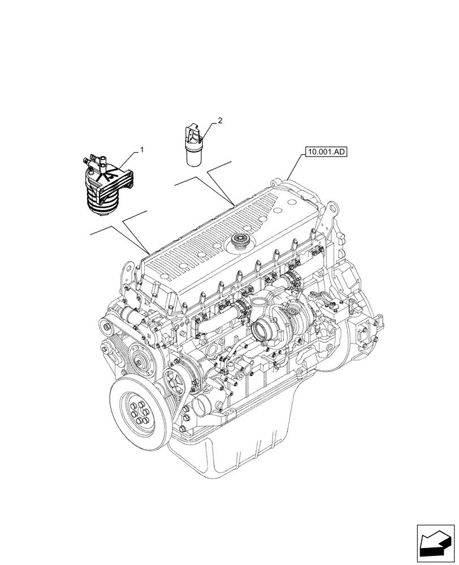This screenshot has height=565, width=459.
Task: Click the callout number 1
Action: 142,150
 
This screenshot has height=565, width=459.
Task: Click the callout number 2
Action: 220,121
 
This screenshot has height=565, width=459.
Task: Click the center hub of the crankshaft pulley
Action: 136,410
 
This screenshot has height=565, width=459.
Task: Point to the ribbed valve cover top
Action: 226,226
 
